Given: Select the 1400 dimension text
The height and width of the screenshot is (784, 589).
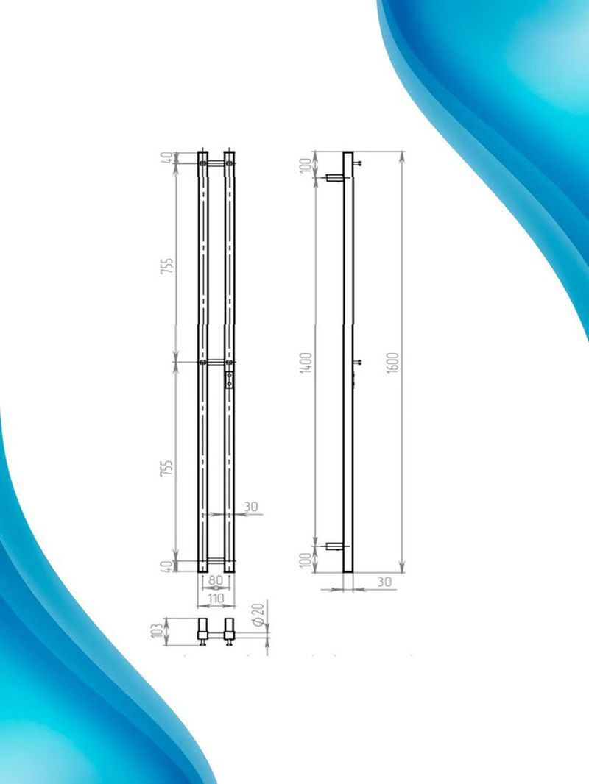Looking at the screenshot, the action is pyautogui.click(x=306, y=362).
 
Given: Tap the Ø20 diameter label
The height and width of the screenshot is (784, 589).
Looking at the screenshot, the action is pyautogui.click(x=258, y=615).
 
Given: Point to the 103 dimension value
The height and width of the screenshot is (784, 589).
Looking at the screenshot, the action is pyautogui.click(x=158, y=630).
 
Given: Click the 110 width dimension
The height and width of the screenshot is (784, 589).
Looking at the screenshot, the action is pyautogui.click(x=215, y=599).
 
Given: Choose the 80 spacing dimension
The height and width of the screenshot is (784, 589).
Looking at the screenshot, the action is pyautogui.click(x=215, y=581).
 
